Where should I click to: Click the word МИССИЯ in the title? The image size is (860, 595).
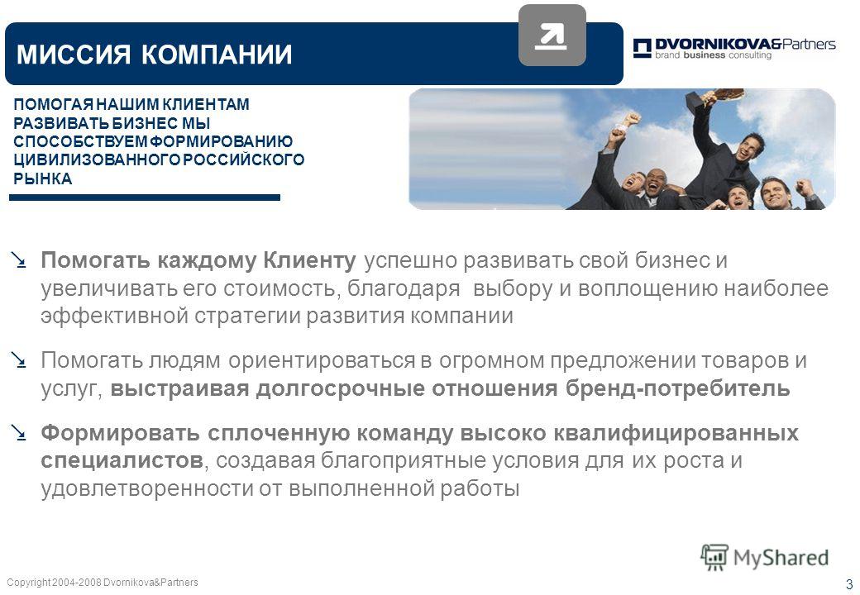74,55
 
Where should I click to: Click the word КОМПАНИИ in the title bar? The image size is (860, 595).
217,55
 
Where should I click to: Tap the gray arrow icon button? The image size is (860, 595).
552,36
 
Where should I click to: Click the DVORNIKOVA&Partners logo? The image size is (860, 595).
734,48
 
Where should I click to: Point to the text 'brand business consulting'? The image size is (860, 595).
713,55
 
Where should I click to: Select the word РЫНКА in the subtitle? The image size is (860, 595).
43,178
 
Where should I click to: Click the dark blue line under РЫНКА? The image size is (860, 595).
145,198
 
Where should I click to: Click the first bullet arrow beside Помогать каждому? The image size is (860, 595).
19,259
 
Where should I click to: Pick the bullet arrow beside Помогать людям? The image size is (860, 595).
19,360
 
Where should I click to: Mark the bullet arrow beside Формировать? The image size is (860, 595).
19,433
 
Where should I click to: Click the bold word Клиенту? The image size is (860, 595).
309,260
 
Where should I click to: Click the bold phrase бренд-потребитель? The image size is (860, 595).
678,388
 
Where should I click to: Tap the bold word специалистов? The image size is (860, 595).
122,461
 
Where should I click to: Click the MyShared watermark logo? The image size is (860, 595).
765,558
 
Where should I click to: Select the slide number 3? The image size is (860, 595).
849,584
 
